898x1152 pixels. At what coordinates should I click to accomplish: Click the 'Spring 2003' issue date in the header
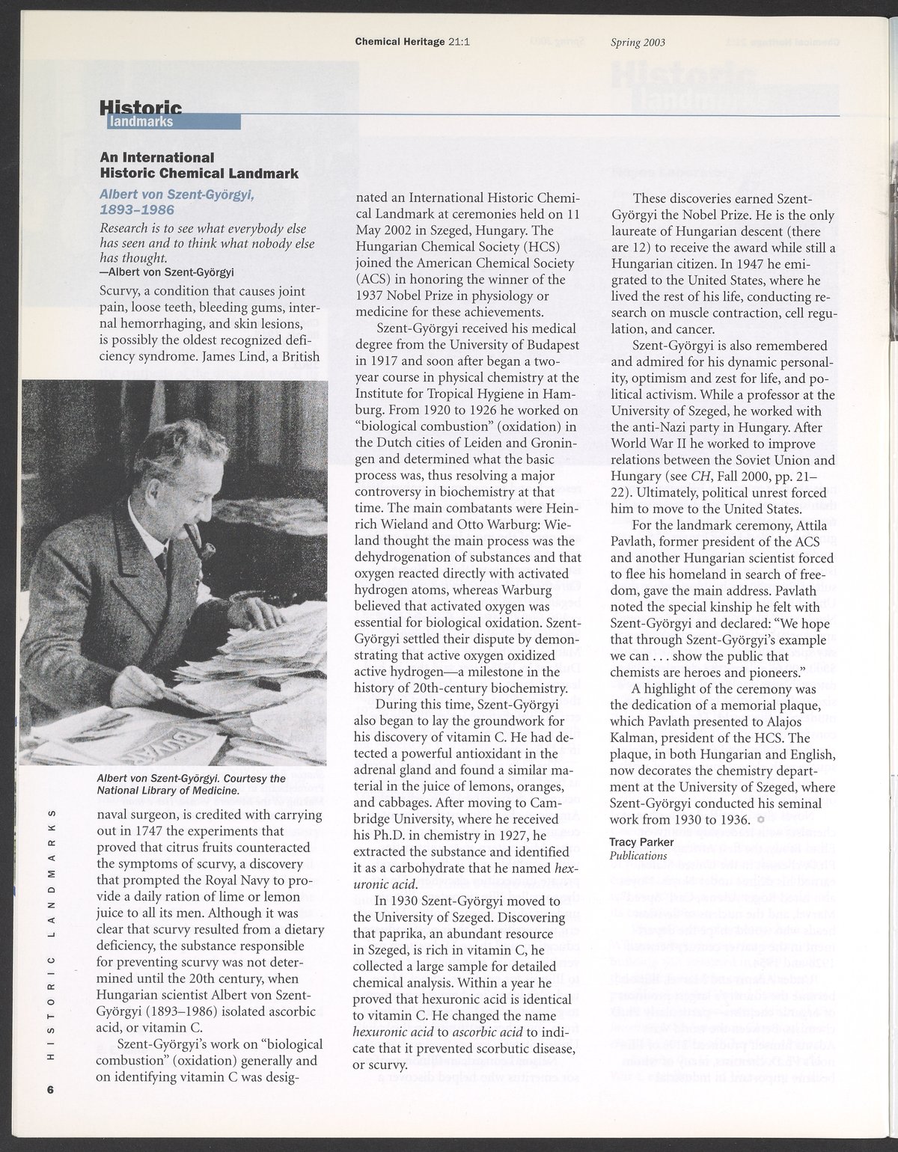pyautogui.click(x=638, y=43)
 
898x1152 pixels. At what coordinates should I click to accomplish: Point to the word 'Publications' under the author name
pyautogui.click(x=638, y=856)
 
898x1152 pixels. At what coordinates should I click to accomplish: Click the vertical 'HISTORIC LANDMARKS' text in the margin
pyautogui.click(x=51, y=934)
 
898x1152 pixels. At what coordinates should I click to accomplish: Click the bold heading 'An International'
pyautogui.click(x=158, y=158)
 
